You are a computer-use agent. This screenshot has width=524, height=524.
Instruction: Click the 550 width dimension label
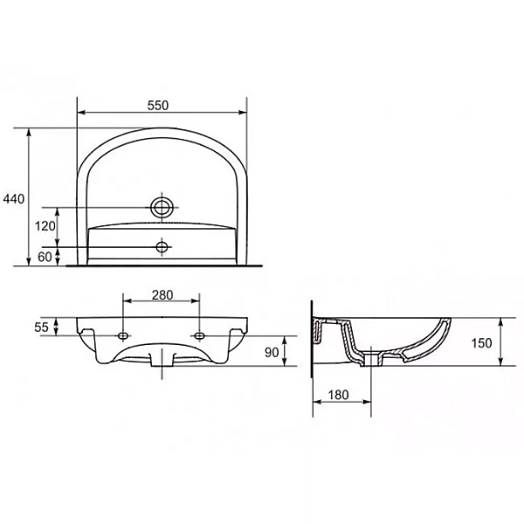click(157, 104)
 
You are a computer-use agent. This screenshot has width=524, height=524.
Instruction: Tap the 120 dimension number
click(46, 226)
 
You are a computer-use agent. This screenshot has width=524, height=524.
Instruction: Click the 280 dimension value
click(162, 294)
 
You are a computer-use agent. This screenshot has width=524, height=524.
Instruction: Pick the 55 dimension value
click(41, 327)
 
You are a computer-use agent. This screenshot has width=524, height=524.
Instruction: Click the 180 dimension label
click(341, 395)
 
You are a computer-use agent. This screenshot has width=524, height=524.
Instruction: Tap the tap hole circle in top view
click(162, 207)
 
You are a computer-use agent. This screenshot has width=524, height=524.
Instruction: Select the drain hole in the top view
click(162, 246)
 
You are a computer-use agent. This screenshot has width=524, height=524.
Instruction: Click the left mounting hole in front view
click(123, 335)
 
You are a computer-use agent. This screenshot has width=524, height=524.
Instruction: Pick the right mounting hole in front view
click(200, 335)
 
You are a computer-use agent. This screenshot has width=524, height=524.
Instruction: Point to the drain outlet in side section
click(376, 358)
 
